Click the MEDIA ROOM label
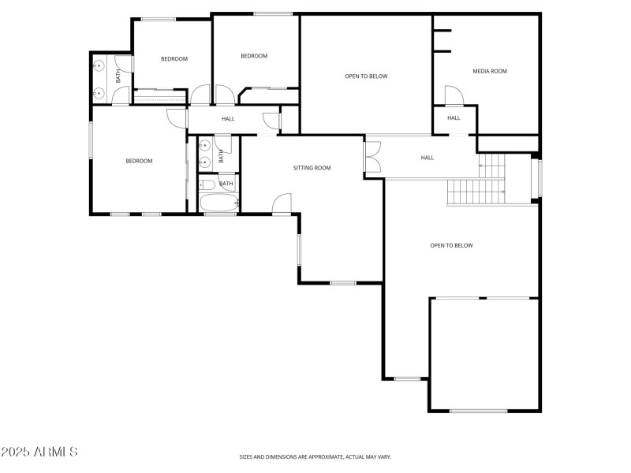point(489,72)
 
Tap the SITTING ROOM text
point(312,168)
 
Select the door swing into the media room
point(454,95)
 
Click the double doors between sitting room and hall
point(373,156)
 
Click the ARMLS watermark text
point(39,452)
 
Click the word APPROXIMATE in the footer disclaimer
point(318,456)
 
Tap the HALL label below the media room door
point(454,118)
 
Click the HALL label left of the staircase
point(427,158)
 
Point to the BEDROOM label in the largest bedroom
point(139,161)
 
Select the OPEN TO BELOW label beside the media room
point(366,76)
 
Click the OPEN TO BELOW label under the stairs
point(451,245)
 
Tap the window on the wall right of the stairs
point(540,178)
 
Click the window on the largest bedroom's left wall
point(91,139)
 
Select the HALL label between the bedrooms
point(228,119)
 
